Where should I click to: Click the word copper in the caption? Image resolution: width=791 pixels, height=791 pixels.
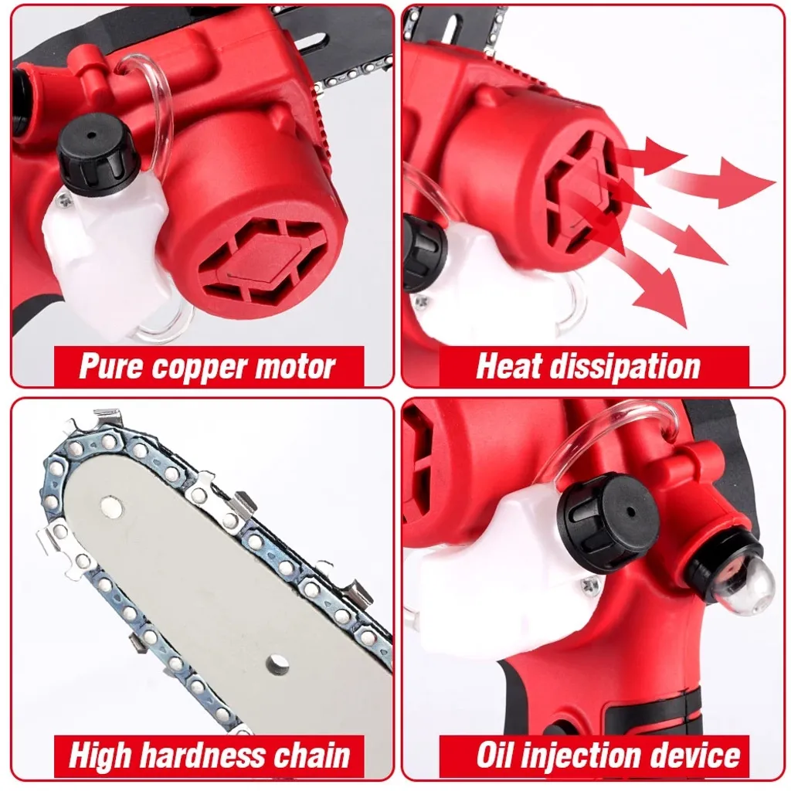[x=199, y=368]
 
